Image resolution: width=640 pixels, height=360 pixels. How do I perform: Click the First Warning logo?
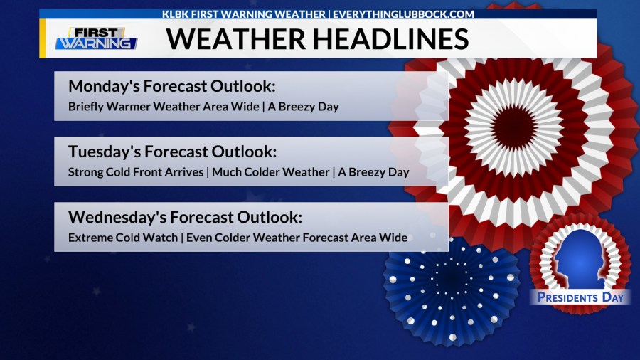point(96,38)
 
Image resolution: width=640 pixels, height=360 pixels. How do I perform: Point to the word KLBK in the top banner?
point(176,14)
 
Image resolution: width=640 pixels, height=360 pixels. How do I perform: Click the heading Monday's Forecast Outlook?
point(171,87)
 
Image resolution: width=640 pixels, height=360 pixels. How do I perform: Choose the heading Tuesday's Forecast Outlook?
point(172,152)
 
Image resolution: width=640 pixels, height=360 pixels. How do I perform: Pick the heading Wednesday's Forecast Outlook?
point(186,218)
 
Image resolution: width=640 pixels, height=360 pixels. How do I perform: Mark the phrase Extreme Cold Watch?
point(122,238)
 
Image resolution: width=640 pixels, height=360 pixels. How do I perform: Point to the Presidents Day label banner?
point(580,297)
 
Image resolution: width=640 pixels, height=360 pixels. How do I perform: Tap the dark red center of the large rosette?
point(514,127)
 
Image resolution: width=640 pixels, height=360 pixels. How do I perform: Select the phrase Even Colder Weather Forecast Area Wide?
point(297,238)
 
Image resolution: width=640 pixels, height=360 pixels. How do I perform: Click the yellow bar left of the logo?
point(43,38)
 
